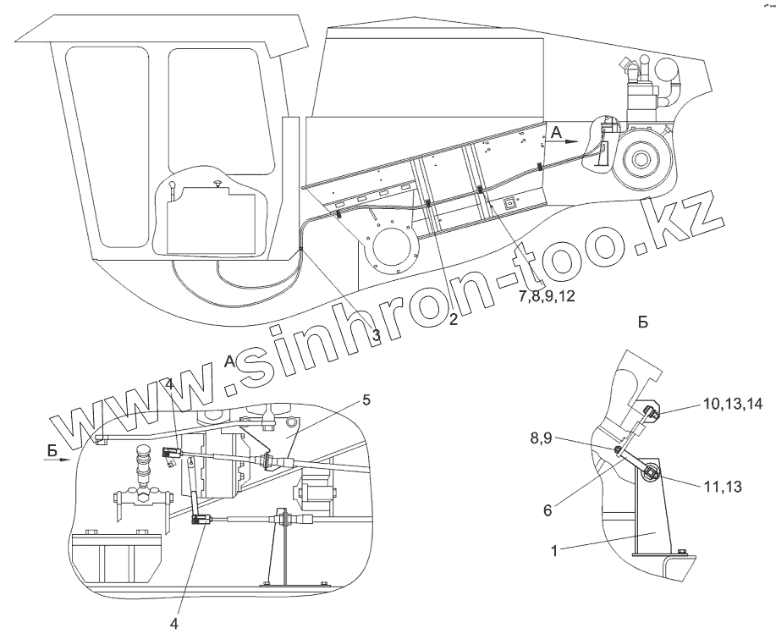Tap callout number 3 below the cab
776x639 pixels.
pyautogui.click(x=376, y=334)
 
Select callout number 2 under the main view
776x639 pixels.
pyautogui.click(x=454, y=320)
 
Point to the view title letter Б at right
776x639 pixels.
pyautogui.click(x=642, y=322)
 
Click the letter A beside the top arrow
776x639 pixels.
pyautogui.click(x=556, y=133)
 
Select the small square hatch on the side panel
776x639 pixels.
pyautogui.click(x=510, y=203)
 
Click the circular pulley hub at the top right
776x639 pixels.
pyautogui.click(x=641, y=159)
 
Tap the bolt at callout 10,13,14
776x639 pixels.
pyautogui.click(x=651, y=415)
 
